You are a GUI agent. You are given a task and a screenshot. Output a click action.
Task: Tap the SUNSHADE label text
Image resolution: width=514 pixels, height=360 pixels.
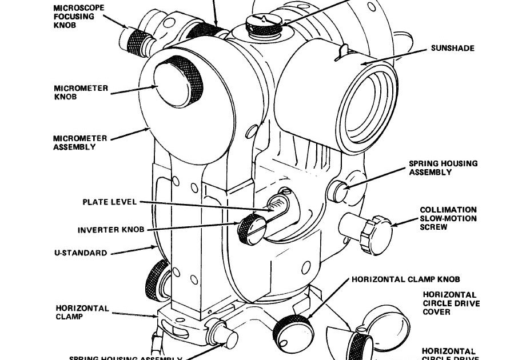click(x=452, y=49)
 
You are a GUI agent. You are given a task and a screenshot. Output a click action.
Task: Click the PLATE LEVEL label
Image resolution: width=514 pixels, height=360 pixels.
click(x=109, y=202)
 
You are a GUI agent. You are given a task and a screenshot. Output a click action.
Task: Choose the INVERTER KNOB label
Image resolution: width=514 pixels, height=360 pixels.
click(x=111, y=230)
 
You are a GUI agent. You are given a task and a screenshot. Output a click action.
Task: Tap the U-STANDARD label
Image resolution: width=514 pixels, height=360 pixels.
click(x=80, y=253)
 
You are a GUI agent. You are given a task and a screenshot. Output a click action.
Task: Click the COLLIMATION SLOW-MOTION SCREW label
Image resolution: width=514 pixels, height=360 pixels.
click(x=448, y=218)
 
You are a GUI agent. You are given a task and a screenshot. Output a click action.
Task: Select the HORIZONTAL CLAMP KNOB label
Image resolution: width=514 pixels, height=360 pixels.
click(x=406, y=280)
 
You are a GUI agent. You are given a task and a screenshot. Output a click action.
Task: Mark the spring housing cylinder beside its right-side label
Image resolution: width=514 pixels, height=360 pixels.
click(x=340, y=191)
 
